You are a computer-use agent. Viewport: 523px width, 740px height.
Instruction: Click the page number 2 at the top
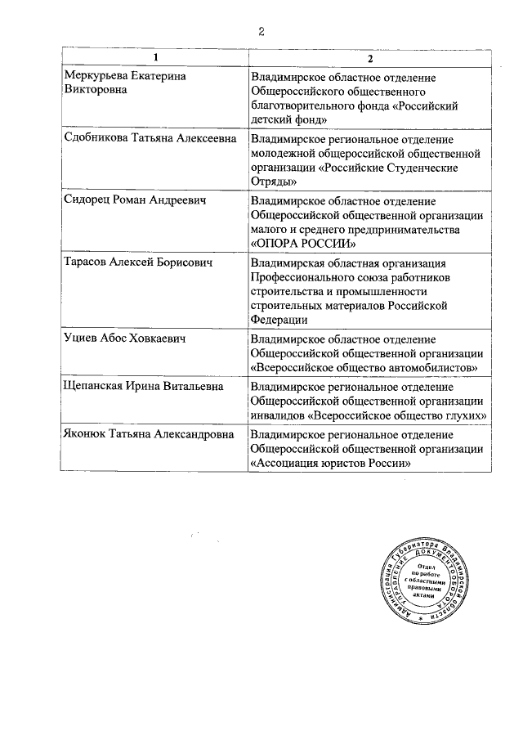coord(261,32)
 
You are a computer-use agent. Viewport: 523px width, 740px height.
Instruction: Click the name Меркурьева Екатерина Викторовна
coord(125,83)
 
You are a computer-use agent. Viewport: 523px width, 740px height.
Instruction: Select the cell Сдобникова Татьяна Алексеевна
coord(150,138)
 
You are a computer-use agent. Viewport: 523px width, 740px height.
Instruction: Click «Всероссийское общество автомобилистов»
coord(364,368)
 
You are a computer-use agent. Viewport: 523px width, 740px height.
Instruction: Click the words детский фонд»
coord(289,119)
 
